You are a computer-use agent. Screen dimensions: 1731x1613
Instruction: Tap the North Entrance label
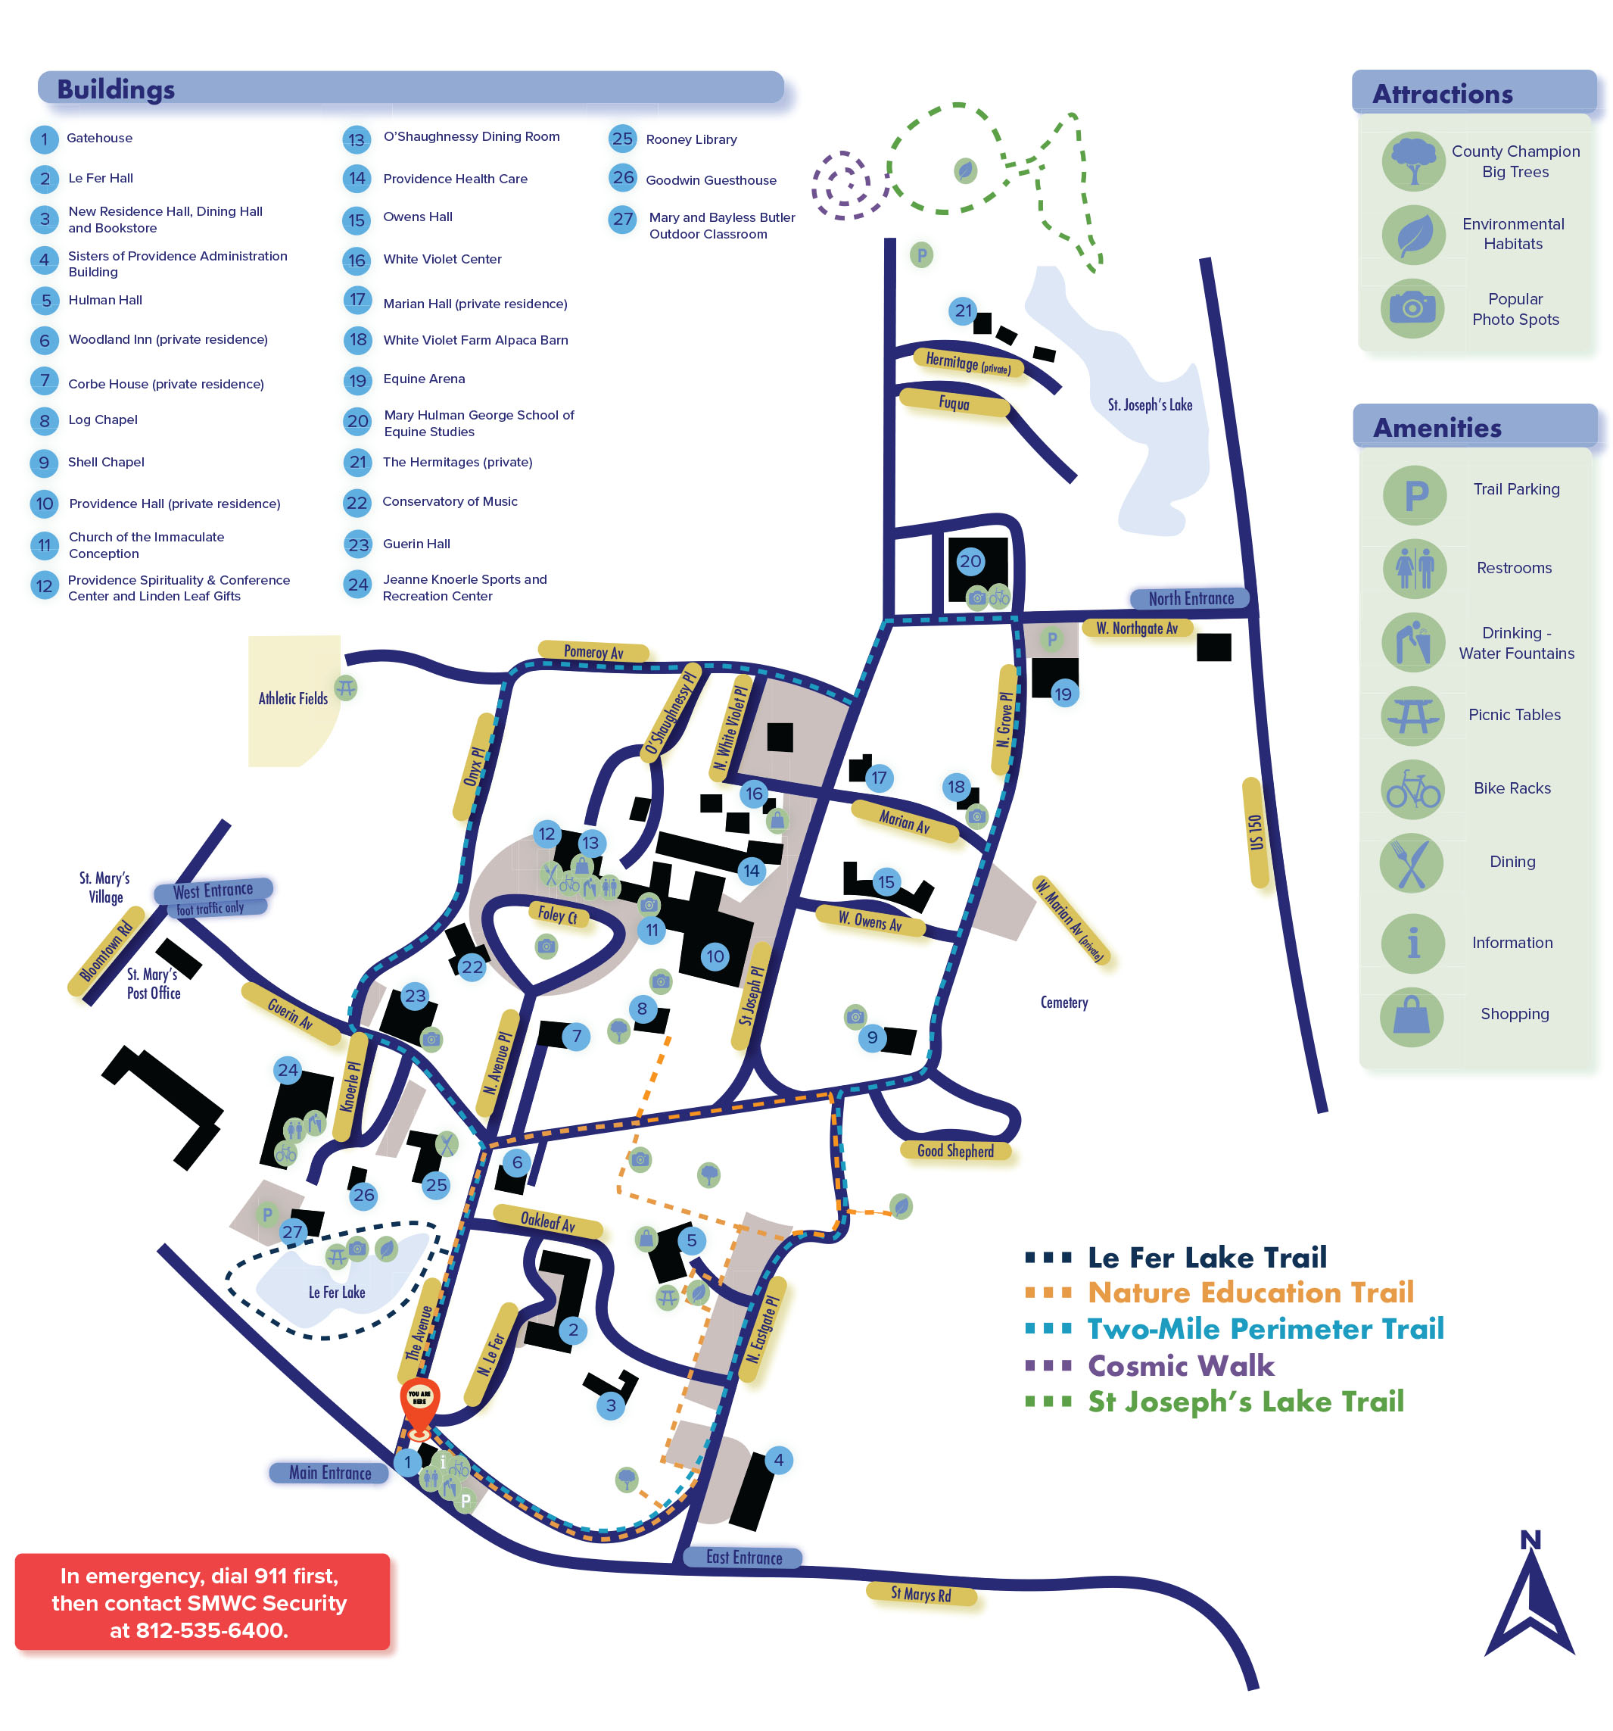click(x=1190, y=598)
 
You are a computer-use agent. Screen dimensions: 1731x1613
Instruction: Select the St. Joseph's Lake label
click(x=1149, y=405)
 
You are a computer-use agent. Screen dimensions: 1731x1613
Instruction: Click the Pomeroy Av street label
click(x=593, y=651)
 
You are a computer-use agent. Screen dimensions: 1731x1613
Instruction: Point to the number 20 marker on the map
click(x=970, y=562)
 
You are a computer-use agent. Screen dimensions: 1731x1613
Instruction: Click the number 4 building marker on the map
click(x=778, y=1460)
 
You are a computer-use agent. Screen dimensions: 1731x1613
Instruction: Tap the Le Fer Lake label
click(x=337, y=1292)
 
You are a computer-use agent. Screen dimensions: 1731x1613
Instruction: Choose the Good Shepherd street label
click(x=955, y=1151)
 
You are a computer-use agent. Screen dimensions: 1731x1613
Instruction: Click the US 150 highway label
click(x=1254, y=832)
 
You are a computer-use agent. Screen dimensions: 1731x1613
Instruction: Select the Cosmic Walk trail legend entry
click(x=1179, y=1365)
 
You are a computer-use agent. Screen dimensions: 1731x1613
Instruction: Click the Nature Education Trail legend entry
click(x=1249, y=1292)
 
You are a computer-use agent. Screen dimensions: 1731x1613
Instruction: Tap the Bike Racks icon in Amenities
click(x=1412, y=789)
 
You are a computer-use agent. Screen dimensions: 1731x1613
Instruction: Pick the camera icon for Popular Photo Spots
click(x=1412, y=307)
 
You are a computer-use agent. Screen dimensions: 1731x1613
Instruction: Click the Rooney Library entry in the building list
click(x=690, y=139)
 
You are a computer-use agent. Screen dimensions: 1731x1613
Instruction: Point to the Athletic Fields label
click(x=292, y=698)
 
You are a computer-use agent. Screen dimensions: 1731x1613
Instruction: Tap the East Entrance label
click(x=743, y=1558)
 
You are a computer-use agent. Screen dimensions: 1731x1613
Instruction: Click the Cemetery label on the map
click(x=1063, y=1003)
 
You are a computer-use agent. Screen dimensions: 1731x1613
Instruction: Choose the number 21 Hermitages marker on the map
click(x=962, y=311)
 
